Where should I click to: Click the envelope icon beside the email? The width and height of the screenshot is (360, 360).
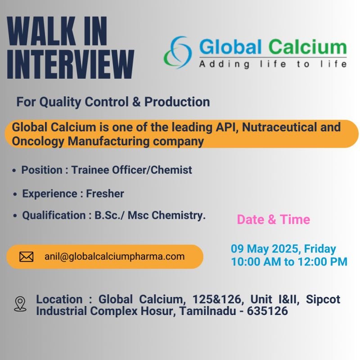point(27,256)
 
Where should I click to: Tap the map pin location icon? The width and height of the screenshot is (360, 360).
point(20,303)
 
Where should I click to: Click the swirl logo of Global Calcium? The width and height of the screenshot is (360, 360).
point(178,52)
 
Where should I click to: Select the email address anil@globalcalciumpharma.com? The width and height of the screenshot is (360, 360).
point(115,256)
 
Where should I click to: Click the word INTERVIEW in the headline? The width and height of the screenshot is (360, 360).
point(71,64)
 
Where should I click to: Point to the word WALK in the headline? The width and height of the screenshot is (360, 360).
point(41,31)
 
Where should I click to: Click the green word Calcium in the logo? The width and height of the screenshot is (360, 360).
point(307,47)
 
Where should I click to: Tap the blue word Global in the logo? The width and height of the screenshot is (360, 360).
point(230,47)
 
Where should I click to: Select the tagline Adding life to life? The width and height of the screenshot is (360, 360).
point(273,64)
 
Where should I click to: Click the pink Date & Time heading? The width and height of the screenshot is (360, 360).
point(274,220)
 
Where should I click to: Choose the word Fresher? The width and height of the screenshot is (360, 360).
point(105,193)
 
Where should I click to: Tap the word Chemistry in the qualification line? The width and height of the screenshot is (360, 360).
point(178,216)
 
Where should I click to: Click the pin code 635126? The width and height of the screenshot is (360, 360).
point(267,311)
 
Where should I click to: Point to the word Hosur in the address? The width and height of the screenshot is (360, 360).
point(158,311)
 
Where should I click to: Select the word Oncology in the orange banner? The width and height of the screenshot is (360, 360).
point(38,141)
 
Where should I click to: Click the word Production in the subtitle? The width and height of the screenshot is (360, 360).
point(177,102)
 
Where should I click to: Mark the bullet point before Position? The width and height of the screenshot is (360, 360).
point(14,171)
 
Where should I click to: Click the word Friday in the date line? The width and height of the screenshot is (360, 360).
point(320,249)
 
